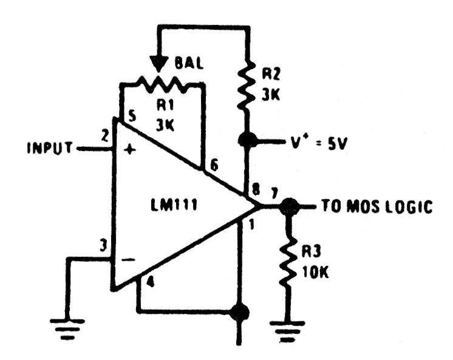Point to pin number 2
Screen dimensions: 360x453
pos(106,136)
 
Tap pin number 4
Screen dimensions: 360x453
pos(150,283)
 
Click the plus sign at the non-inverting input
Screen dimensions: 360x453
pos(128,151)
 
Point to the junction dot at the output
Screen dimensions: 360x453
pos(289,206)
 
